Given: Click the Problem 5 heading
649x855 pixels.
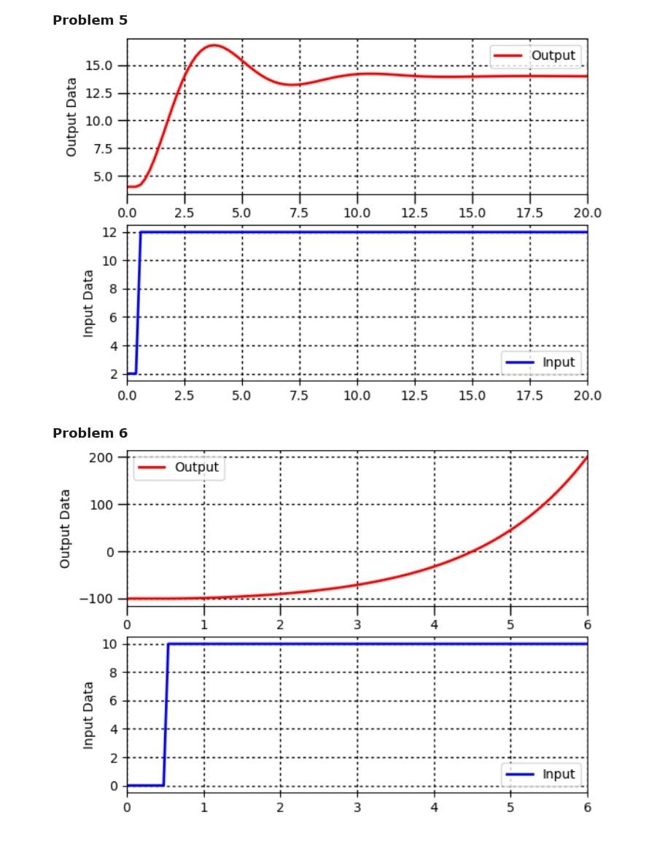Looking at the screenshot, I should click(x=90, y=20).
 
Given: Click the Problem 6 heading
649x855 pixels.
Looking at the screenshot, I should click(x=90, y=433).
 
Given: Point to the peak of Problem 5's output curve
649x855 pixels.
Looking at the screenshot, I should click(x=214, y=45).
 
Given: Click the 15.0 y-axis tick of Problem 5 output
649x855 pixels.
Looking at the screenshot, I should click(x=99, y=66).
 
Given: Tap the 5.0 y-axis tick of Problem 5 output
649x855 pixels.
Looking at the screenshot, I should click(x=103, y=176).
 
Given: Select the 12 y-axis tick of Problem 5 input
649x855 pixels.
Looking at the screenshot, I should click(x=110, y=232).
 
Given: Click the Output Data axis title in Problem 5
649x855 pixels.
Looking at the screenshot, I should click(x=71, y=117).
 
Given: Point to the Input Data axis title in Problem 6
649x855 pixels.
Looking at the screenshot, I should click(x=88, y=715).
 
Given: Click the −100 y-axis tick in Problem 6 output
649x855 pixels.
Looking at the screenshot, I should click(x=100, y=599).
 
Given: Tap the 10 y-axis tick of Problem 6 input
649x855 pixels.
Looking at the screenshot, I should click(x=110, y=644).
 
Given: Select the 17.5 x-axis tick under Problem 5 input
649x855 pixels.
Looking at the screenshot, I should click(x=529, y=395).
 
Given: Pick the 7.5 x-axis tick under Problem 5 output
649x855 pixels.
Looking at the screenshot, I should click(x=299, y=213).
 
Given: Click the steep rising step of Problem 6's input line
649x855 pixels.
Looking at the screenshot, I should click(x=166, y=714).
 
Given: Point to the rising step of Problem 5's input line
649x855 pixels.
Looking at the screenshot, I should click(x=138, y=302).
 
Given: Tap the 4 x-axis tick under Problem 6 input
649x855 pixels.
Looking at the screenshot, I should click(x=434, y=807).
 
